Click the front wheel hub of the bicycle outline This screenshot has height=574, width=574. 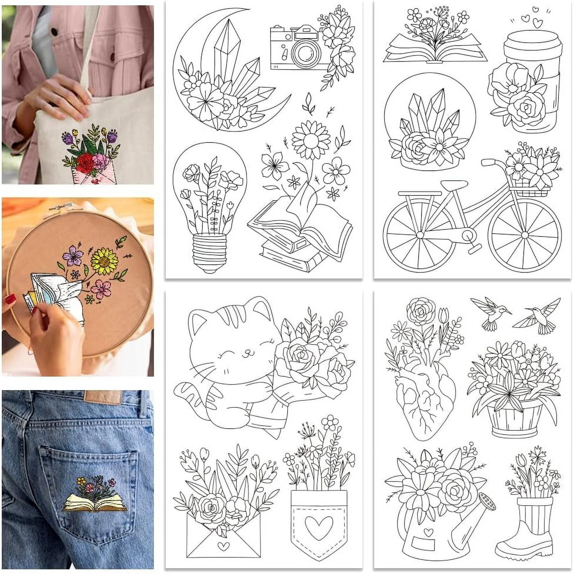(x=525, y=235)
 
